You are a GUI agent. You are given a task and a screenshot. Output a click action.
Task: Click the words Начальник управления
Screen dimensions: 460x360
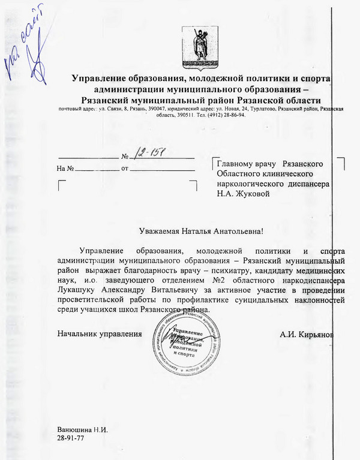pyautogui.click(x=100, y=333)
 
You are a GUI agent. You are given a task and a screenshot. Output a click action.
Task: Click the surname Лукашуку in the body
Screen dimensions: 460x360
pyautogui.click(x=79, y=290)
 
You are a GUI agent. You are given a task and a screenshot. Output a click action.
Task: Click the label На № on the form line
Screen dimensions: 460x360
pyautogui.click(x=65, y=169)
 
